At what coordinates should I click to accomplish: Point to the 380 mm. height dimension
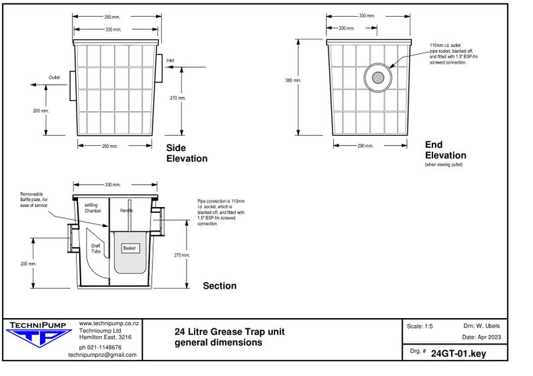coord(293,81)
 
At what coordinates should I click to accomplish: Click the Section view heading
coord(219,286)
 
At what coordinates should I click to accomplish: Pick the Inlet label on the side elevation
coord(170,60)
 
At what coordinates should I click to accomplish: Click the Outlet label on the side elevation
coord(54,77)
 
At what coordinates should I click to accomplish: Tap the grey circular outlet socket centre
coord(378,78)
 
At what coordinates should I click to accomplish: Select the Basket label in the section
coord(129,248)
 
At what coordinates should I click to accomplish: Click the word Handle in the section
coord(126,210)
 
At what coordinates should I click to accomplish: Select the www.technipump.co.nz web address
coord(109,323)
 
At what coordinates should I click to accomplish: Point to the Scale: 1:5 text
coord(420,326)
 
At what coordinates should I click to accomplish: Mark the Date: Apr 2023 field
coord(480,337)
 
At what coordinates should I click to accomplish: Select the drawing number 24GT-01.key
coord(458,353)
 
